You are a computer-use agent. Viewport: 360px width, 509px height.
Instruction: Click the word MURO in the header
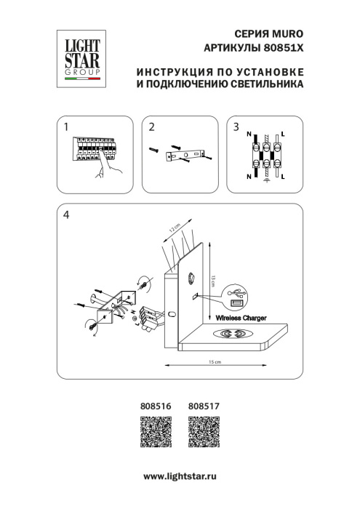[x=286, y=34]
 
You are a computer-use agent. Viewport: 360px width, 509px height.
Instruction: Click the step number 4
[x=67, y=215]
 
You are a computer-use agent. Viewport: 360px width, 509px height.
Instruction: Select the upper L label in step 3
[x=283, y=136]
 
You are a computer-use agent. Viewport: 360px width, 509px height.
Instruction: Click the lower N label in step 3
[x=249, y=177]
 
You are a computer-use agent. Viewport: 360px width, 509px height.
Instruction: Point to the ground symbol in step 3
[x=266, y=183]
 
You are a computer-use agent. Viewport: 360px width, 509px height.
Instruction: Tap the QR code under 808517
[x=204, y=434]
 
